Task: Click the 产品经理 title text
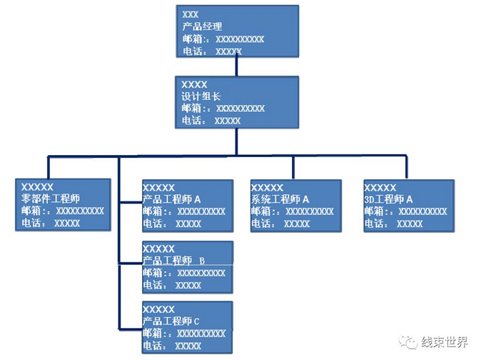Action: pos(202,26)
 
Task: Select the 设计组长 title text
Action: pos(202,96)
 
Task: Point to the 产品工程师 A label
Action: pos(172,199)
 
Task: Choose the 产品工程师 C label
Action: pos(171,321)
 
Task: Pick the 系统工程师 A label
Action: pos(280,199)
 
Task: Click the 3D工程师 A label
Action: pos(389,199)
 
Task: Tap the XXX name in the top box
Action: pos(191,14)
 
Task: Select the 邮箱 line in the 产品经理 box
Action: pos(223,39)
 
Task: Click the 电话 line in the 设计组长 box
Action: pos(211,121)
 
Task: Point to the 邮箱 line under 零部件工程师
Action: pos(63,211)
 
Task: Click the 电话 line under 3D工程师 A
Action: pos(393,224)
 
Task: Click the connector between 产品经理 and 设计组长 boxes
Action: pos(236,66)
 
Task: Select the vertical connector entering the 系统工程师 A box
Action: pos(293,167)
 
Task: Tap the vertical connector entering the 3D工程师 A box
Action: pos(406,167)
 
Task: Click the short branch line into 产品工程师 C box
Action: pos(130,329)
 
